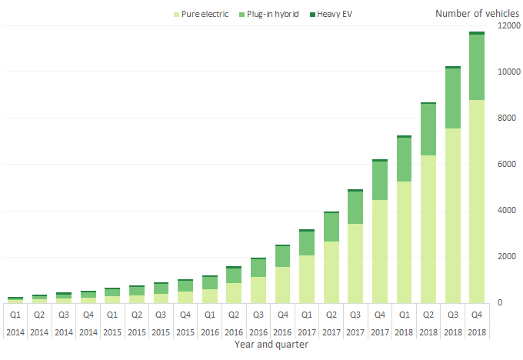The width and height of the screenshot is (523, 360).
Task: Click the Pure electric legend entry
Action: point(205,14)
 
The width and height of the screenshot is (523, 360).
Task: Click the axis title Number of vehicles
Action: point(474,13)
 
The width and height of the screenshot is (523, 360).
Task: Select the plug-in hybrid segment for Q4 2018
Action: point(476,67)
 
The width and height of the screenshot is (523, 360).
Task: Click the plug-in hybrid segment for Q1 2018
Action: point(404,159)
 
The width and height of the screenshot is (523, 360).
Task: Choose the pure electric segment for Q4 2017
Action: point(379,251)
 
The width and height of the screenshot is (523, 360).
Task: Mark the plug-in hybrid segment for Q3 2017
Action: point(355,208)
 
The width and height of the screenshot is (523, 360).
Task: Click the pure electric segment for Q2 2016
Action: point(233,292)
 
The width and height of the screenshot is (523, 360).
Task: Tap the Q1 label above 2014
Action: point(15,314)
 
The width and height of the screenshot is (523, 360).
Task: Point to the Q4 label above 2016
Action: point(282,314)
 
